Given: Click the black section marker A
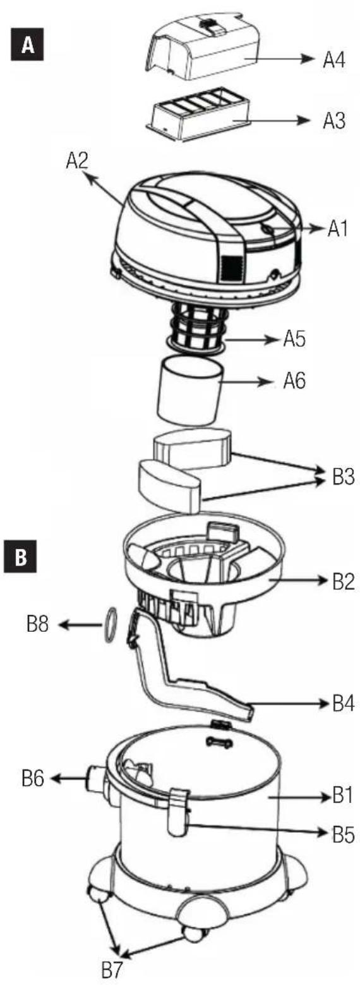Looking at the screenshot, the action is click(28, 45).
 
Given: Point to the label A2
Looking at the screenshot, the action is click(77, 161).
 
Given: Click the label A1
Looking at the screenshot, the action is click(338, 229).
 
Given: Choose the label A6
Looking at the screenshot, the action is click(294, 382).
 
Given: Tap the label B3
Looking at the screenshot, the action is click(343, 476).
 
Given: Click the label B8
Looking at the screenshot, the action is click(37, 624).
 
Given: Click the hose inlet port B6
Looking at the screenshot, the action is click(95, 779).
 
